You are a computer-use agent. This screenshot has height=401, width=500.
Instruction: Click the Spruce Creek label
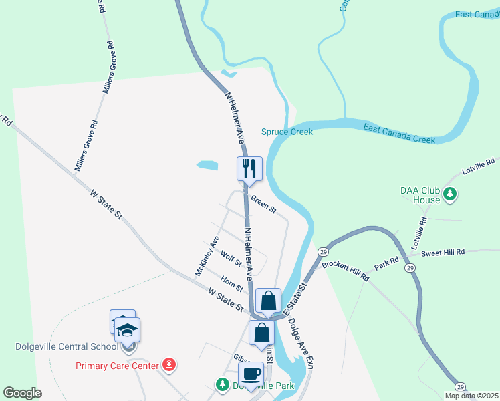(287, 132)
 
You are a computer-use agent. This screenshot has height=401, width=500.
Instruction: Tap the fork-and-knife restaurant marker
(249, 169)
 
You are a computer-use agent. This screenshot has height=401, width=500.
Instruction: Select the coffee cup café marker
(251, 374)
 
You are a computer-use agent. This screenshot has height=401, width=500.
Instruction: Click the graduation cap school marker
(127, 331)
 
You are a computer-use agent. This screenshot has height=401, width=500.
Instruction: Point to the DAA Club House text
(420, 194)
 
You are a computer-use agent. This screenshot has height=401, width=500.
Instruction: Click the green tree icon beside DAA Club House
(451, 194)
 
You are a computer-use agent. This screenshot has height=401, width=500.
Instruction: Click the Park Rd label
(386, 262)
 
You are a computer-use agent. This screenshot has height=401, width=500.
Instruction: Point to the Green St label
(263, 204)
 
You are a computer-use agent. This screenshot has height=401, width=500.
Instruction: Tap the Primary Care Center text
(117, 366)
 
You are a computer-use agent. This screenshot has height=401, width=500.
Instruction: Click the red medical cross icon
(169, 365)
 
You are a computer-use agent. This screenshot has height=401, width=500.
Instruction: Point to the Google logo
(22, 393)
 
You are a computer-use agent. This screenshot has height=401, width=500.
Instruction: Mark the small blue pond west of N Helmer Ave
(207, 164)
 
